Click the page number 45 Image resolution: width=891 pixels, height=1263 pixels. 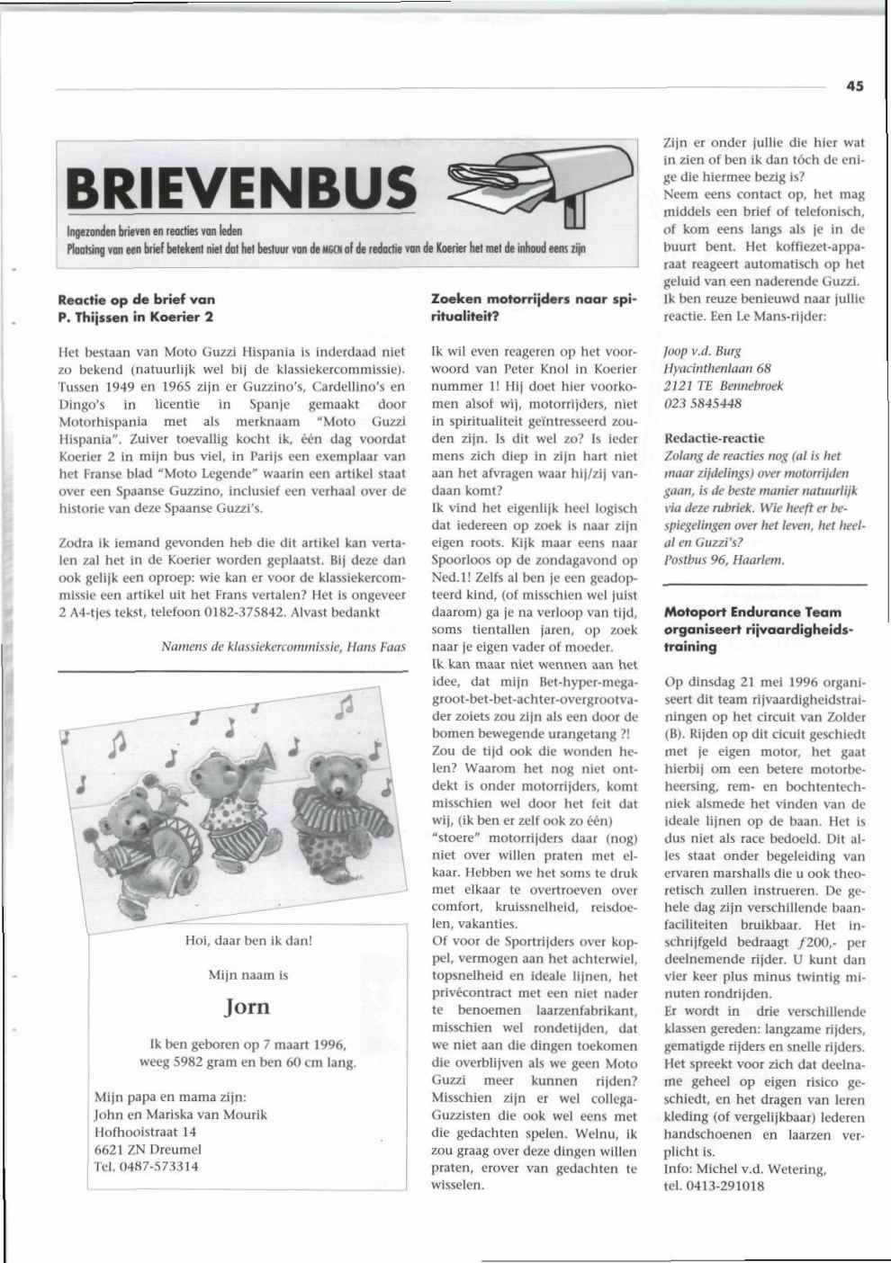(x=854, y=86)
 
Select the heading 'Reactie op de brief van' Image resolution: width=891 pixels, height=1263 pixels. (x=136, y=300)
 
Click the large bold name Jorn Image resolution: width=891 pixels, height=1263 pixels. (x=247, y=1007)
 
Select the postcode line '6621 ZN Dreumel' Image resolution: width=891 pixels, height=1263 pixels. (x=148, y=1150)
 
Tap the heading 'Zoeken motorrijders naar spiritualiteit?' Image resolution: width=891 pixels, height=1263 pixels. (x=535, y=308)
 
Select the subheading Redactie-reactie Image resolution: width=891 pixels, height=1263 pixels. (x=714, y=438)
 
